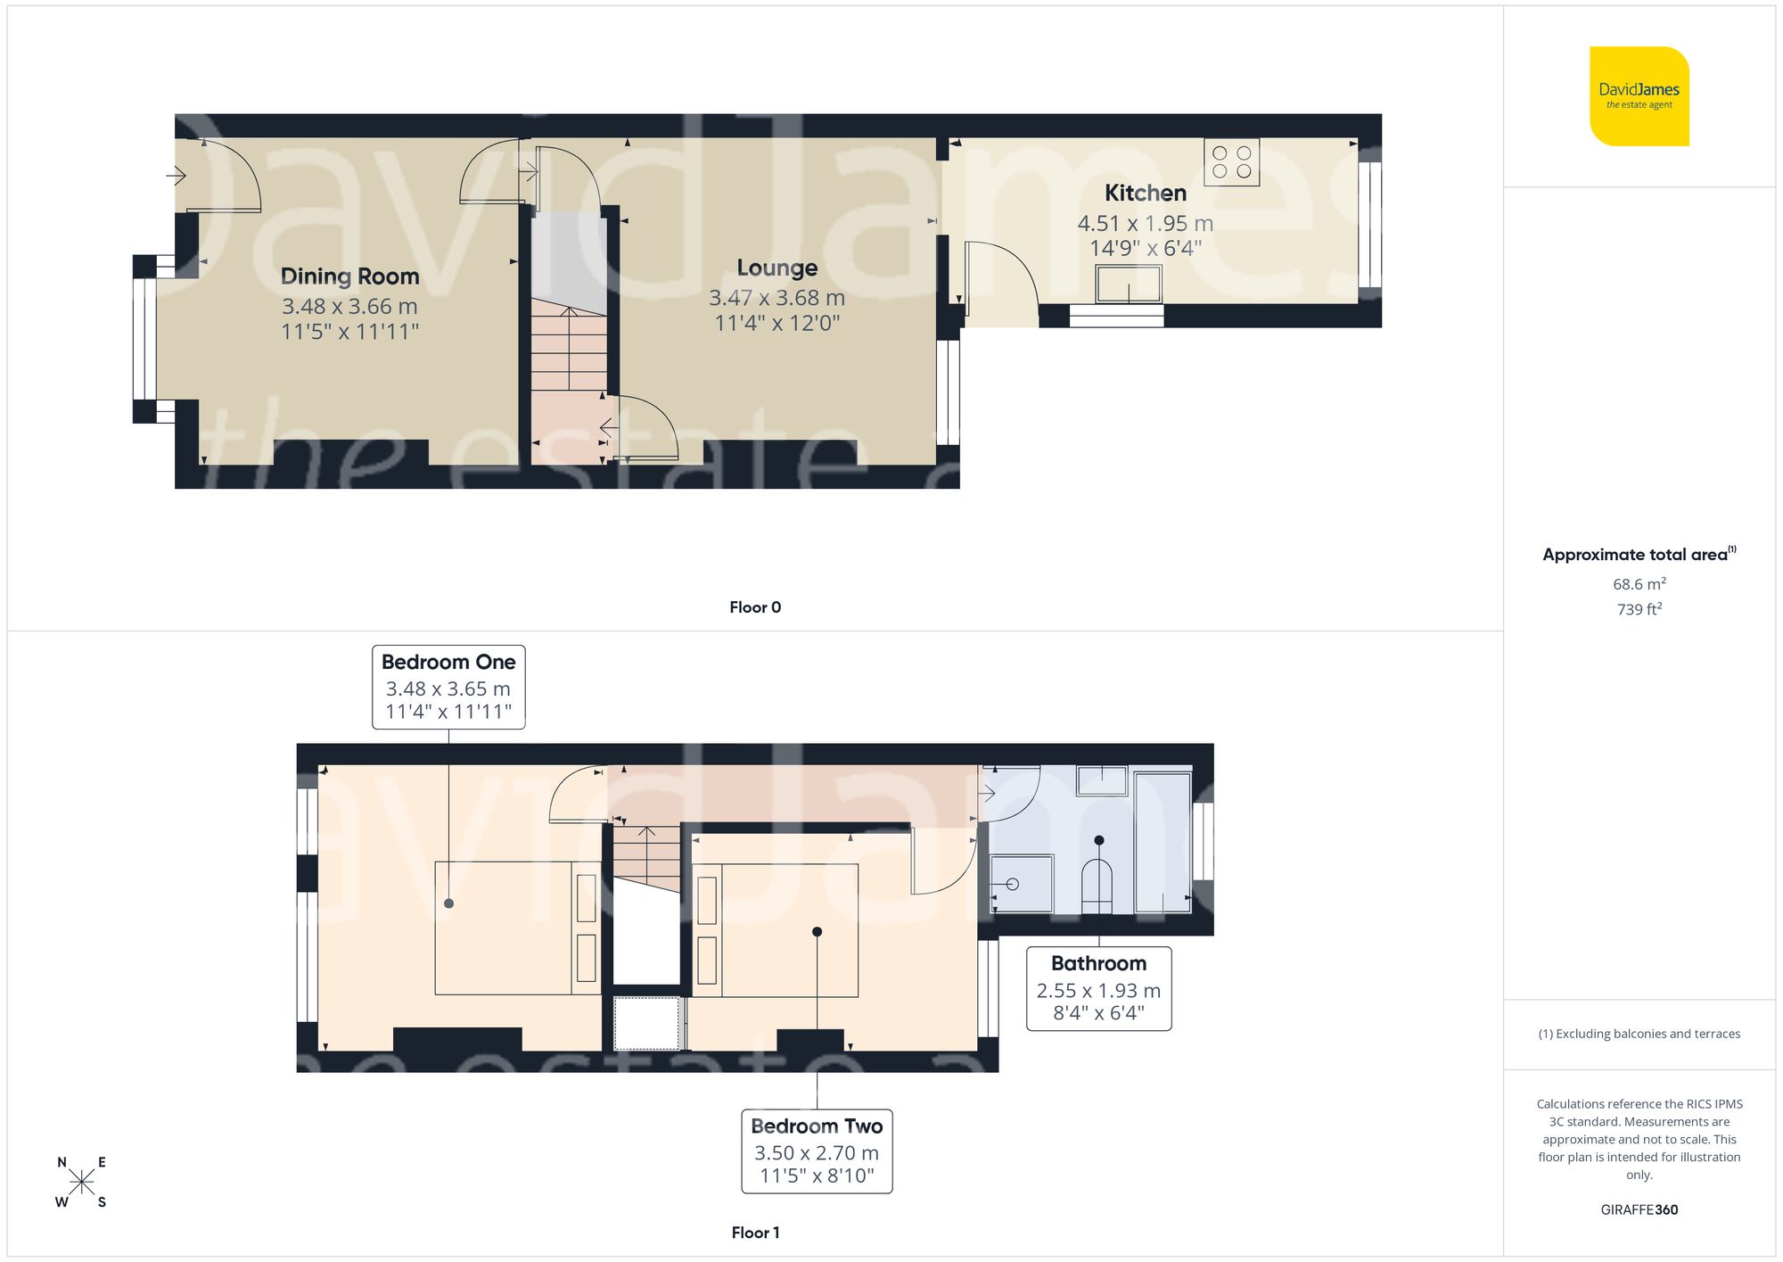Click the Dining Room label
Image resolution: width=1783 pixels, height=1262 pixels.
(x=349, y=276)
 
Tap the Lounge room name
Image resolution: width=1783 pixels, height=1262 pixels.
(x=776, y=268)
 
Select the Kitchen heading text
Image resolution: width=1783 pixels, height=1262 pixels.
(x=1145, y=193)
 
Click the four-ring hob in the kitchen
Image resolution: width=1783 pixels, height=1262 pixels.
(x=1231, y=161)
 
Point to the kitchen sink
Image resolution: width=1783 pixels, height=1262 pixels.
(x=1129, y=285)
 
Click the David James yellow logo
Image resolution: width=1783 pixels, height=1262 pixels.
(x=1639, y=96)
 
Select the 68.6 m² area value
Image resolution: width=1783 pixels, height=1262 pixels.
(x=1639, y=584)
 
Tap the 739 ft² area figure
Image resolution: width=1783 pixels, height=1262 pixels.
(x=1639, y=609)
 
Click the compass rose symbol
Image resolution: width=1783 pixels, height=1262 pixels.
(x=81, y=1183)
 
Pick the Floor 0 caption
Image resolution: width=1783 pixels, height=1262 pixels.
(x=754, y=607)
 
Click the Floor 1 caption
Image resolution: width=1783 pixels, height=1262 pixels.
(x=754, y=1233)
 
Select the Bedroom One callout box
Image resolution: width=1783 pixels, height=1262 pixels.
(x=448, y=687)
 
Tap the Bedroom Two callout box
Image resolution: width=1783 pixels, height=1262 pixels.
(x=817, y=1151)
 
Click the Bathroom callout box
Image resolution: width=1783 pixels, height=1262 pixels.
(x=1098, y=988)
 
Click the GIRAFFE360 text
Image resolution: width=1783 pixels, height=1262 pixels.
(x=1639, y=1210)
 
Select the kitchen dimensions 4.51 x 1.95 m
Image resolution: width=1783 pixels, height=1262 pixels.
(x=1145, y=223)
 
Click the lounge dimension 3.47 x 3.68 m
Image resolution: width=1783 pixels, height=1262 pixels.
(x=776, y=298)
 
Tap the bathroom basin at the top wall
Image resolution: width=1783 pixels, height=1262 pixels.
(x=1102, y=780)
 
